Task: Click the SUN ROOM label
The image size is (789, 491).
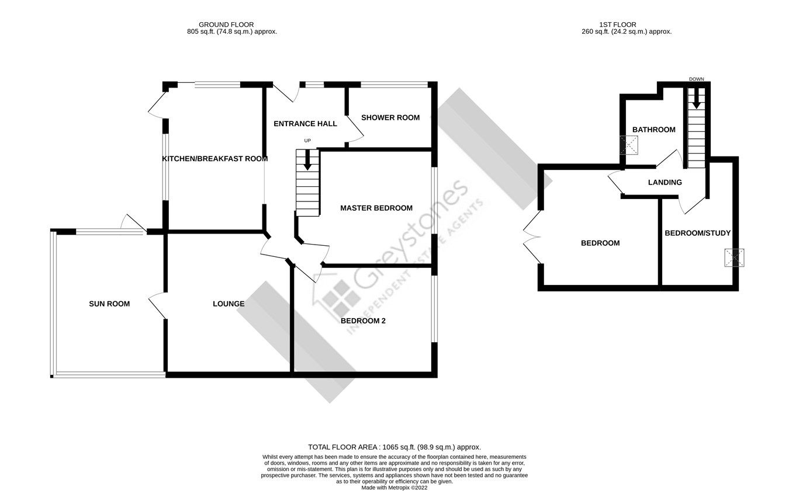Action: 109,304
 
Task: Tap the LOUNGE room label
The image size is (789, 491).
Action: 228,304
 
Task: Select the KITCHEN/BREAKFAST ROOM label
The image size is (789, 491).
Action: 214,158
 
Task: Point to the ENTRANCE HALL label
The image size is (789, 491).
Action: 305,124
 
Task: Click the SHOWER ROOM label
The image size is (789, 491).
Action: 390,117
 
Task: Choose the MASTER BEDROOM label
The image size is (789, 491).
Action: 376,208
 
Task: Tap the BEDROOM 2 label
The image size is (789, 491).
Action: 363,321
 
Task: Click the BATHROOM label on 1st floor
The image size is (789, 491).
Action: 653,130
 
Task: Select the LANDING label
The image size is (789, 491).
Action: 665,182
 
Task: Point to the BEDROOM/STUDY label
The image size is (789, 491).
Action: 697,233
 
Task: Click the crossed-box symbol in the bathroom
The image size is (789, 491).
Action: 629,145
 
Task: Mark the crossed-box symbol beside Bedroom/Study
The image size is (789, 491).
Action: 733,257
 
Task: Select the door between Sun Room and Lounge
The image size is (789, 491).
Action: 158,305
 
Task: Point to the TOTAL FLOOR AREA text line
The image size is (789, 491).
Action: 394,447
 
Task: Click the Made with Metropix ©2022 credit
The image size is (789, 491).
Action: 394,487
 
